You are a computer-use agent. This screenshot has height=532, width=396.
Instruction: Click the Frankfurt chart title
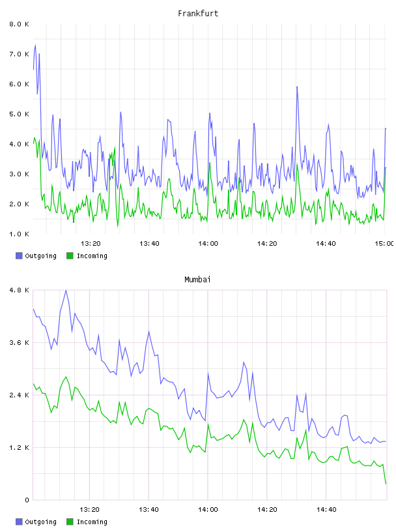(198, 14)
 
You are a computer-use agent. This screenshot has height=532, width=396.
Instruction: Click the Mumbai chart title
(197, 280)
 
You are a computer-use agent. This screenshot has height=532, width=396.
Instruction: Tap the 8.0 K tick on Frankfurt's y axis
(19, 24)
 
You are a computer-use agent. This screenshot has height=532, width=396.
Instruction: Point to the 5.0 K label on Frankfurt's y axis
(19, 114)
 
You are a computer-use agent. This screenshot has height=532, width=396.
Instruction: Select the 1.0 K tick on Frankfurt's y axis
(19, 234)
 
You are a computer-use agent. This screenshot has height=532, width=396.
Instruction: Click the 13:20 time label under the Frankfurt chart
(91, 244)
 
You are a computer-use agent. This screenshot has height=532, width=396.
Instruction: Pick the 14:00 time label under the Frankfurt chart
(208, 244)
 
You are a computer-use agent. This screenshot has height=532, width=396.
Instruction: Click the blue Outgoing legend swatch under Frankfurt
(19, 256)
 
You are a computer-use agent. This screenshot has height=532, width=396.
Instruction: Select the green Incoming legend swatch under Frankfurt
(70, 256)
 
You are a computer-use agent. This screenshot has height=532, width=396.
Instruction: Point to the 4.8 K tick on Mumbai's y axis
(19, 290)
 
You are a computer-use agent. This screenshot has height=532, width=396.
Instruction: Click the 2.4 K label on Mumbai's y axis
(19, 395)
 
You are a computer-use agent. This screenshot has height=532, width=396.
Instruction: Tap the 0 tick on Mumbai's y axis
(27, 500)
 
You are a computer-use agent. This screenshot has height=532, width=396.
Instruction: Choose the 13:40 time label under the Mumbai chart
(148, 510)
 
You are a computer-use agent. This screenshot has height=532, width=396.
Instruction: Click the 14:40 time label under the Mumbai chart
(326, 510)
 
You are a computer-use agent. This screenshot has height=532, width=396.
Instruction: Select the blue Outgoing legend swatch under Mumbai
(19, 522)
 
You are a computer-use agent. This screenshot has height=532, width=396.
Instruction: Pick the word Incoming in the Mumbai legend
(92, 522)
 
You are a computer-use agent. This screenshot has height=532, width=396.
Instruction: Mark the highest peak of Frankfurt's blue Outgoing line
(35, 45)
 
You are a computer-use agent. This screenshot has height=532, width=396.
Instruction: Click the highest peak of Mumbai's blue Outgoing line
(66, 290)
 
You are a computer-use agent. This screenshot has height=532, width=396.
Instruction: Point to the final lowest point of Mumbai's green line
(386, 484)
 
